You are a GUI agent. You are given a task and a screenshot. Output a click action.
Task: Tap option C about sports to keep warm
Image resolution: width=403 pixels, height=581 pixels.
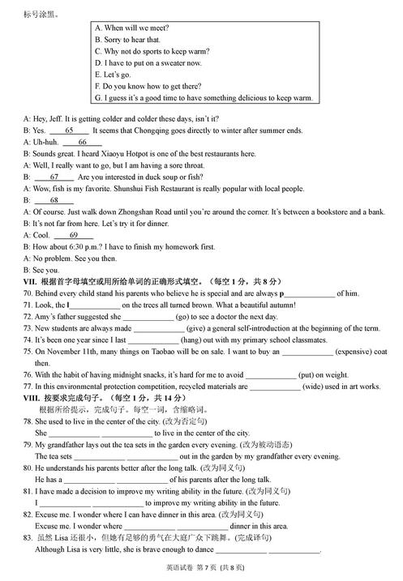coord(150,51)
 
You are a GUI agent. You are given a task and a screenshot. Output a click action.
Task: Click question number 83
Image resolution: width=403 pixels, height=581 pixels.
coord(28,537)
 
